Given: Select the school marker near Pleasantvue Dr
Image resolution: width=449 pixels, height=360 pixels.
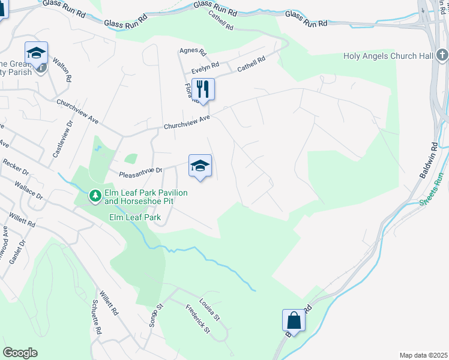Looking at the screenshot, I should click(x=200, y=166).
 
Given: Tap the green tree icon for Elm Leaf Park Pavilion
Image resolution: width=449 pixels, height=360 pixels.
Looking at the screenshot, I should click(x=95, y=196).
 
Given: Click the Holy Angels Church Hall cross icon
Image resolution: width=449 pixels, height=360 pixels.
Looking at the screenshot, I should click(x=442, y=56).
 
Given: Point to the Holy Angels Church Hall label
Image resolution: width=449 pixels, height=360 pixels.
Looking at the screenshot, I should click(x=388, y=56).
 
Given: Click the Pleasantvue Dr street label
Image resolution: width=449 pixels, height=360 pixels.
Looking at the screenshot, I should click(x=140, y=170).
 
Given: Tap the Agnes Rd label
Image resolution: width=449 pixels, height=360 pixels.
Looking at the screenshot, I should click(x=193, y=52).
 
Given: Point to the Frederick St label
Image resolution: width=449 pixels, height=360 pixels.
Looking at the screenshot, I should click(x=197, y=320).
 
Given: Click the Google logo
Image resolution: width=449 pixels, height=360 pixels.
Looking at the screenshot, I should click(x=20, y=352).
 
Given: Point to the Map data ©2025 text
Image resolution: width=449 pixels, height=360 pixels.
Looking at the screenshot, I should click(x=423, y=355).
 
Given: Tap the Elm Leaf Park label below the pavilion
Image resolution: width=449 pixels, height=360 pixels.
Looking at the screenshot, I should click(x=135, y=218).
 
